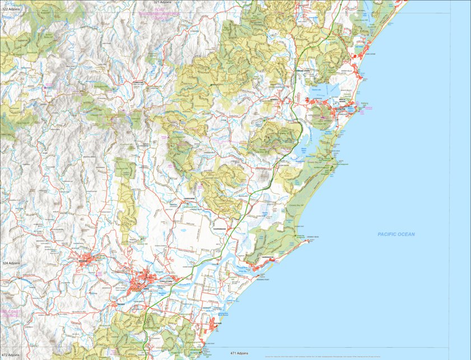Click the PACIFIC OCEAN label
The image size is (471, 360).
(x=396, y=234)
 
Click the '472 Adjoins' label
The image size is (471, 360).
(x=11, y=355)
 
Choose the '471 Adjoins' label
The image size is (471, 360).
(x=239, y=353)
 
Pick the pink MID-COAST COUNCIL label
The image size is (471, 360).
(x=10, y=314)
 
